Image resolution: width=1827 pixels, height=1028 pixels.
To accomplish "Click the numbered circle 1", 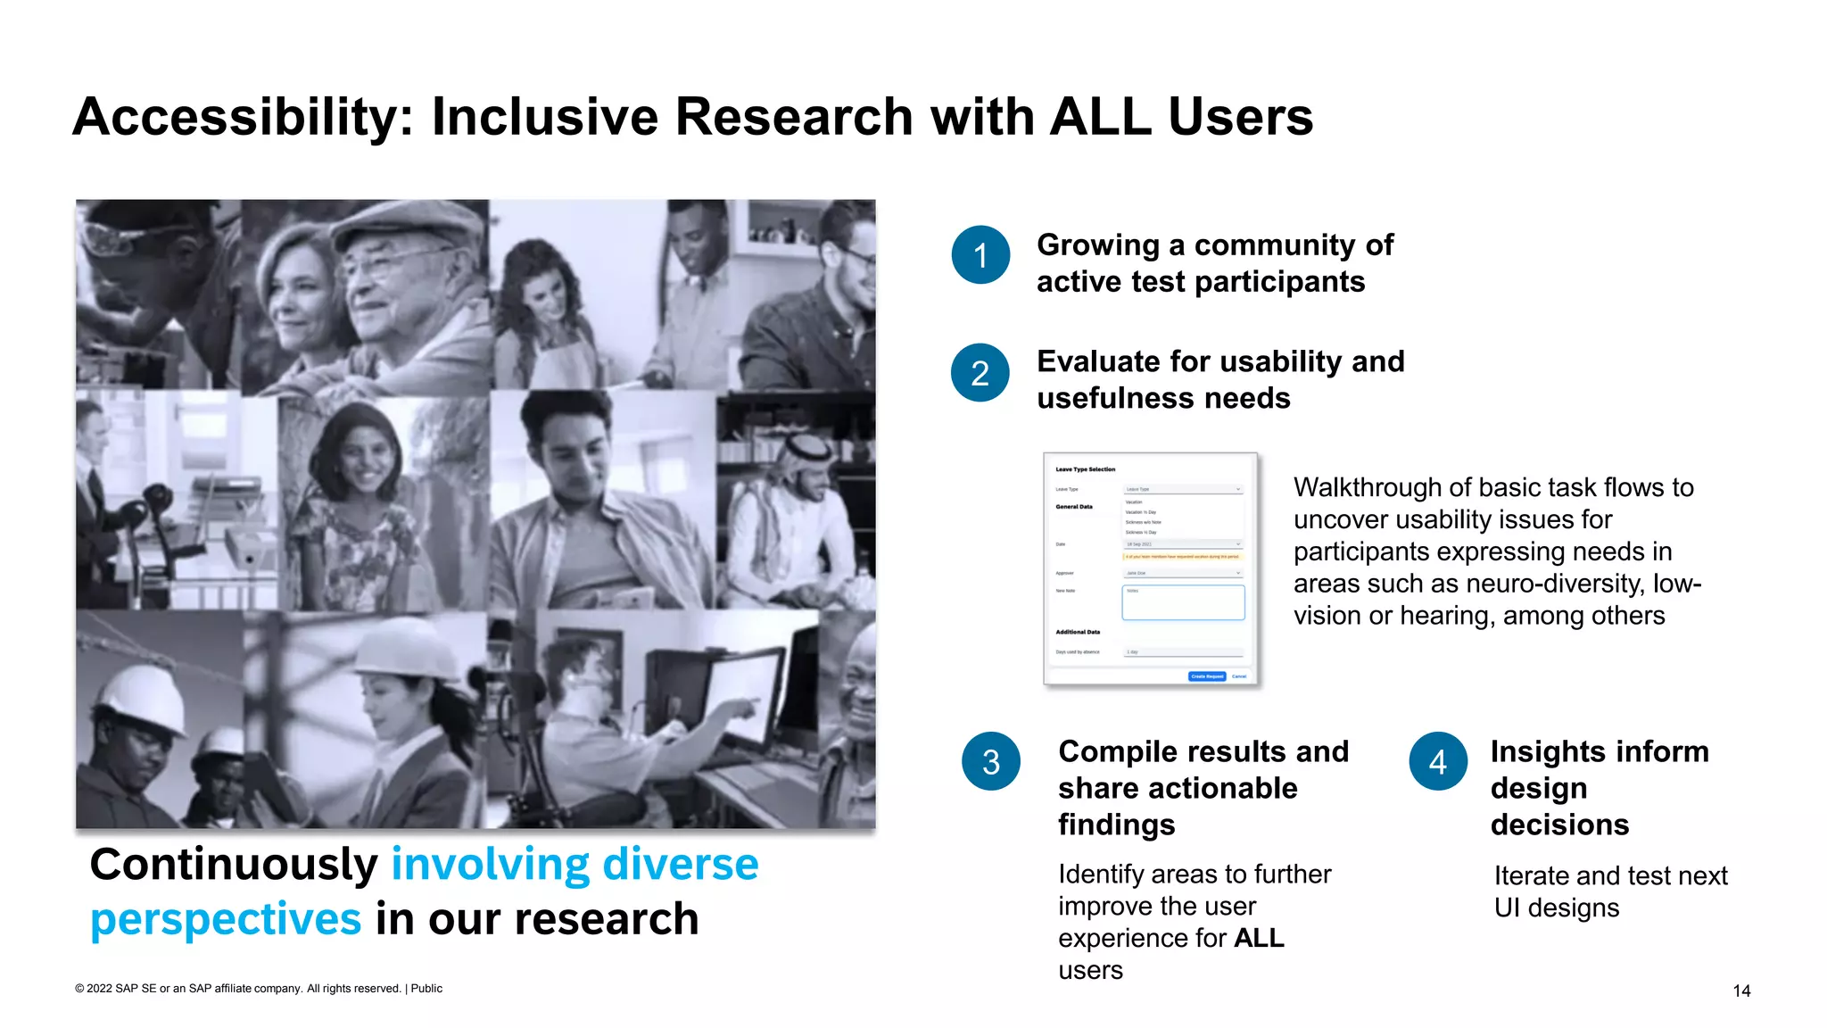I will [980, 255].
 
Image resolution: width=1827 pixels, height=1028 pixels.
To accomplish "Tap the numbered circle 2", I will [980, 373].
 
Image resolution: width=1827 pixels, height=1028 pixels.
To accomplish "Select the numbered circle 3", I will [991, 762].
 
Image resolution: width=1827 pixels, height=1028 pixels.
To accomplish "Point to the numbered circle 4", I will [1438, 762].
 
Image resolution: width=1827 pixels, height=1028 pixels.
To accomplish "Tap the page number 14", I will [1741, 991].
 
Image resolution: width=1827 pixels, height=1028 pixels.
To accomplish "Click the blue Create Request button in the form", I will [1207, 676].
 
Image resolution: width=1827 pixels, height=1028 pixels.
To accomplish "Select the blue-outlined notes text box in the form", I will [1183, 602].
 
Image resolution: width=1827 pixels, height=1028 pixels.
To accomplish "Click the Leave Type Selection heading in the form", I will [1085, 469].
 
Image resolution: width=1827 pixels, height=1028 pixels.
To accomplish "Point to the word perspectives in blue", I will [226, 920].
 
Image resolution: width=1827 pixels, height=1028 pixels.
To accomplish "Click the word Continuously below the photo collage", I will [234, 865].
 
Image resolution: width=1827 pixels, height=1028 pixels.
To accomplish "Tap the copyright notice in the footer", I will [259, 988].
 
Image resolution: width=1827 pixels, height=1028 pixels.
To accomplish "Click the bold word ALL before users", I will [1259, 938].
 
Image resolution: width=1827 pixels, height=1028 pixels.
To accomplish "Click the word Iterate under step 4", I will [1532, 875].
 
